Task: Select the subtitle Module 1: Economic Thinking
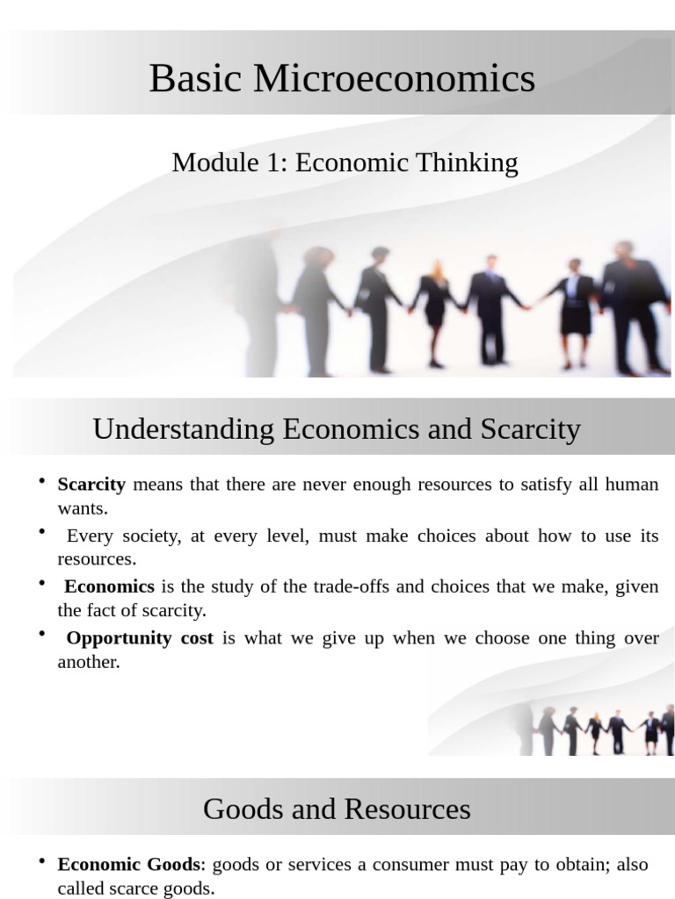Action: (x=345, y=162)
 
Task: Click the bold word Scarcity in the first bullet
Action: (x=91, y=484)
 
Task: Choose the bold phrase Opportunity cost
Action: (x=140, y=638)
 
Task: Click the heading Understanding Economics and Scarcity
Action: (x=337, y=429)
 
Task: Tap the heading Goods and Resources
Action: (x=337, y=809)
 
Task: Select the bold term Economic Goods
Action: (x=130, y=865)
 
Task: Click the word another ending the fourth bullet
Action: (x=87, y=662)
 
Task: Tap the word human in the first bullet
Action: (x=632, y=484)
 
